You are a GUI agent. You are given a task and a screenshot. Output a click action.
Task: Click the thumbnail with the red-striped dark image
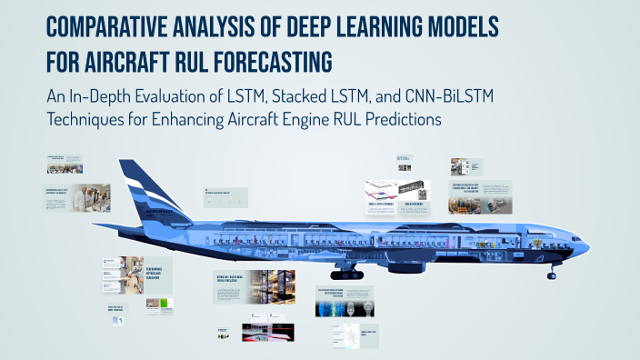point(268,332)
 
